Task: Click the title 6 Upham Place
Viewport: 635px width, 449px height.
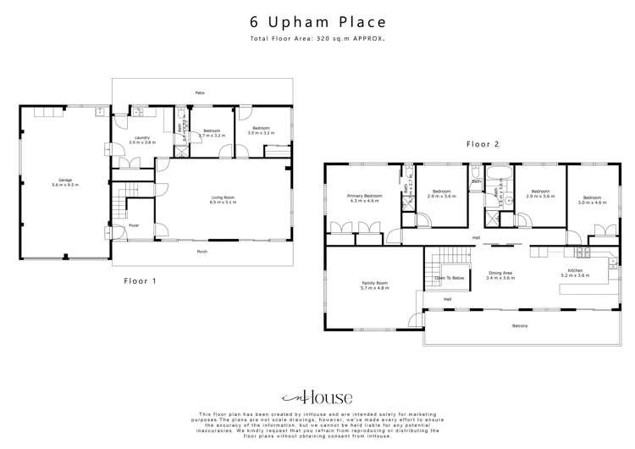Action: tap(317, 23)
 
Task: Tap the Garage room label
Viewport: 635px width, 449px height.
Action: tap(64, 181)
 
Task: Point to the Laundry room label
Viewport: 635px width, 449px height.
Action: tap(141, 139)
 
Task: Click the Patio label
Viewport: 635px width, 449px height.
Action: tap(201, 92)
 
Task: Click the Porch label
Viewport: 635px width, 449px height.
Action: tap(202, 251)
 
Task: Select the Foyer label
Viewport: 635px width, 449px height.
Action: tap(134, 225)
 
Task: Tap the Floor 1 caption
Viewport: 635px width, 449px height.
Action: tap(141, 280)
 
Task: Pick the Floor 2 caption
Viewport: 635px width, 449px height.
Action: tap(483, 145)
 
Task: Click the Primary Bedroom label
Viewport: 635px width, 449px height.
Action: tap(364, 197)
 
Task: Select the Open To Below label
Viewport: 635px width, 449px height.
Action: tap(449, 278)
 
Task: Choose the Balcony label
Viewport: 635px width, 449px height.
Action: tap(519, 325)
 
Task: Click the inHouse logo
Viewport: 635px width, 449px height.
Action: tap(317, 396)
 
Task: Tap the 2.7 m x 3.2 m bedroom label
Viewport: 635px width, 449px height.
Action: tap(211, 132)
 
